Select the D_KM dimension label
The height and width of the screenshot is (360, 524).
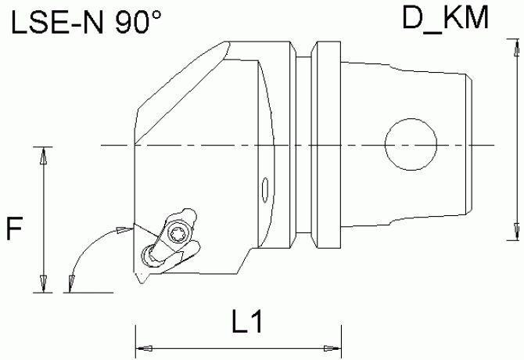click(x=446, y=18)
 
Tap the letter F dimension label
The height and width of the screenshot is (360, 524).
click(x=14, y=229)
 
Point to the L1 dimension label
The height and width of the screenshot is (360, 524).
click(x=247, y=321)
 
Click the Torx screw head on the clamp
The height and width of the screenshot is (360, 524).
click(x=177, y=234)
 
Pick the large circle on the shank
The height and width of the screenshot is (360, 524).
click(x=411, y=144)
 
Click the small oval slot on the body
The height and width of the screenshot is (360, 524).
click(x=264, y=190)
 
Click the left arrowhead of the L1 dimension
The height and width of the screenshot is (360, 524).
click(x=144, y=348)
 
